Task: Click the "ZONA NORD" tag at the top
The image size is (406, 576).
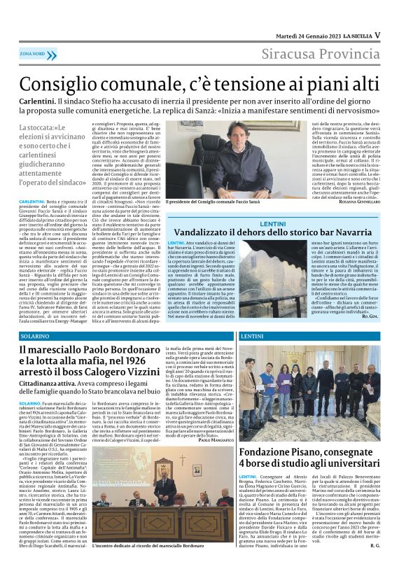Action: click(32, 53)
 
